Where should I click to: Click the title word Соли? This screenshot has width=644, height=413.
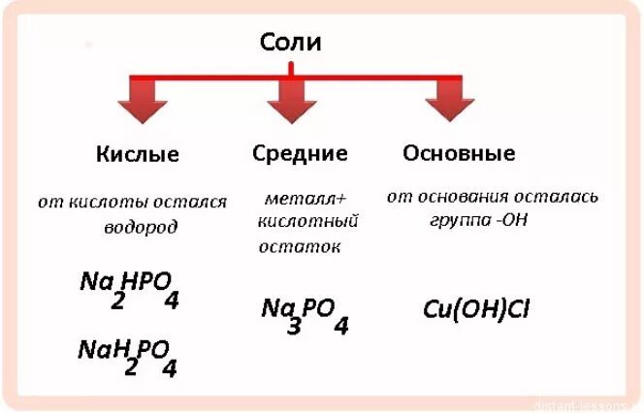tap(290, 42)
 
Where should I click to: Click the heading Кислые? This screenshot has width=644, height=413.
tap(138, 155)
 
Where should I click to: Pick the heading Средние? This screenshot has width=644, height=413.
tap(300, 153)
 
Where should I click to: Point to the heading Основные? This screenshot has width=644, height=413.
tap(459, 153)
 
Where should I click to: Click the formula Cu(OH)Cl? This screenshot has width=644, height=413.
tap(476, 310)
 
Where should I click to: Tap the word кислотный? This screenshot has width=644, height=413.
tap(307, 222)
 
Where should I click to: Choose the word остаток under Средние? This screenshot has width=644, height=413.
tap(300, 246)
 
